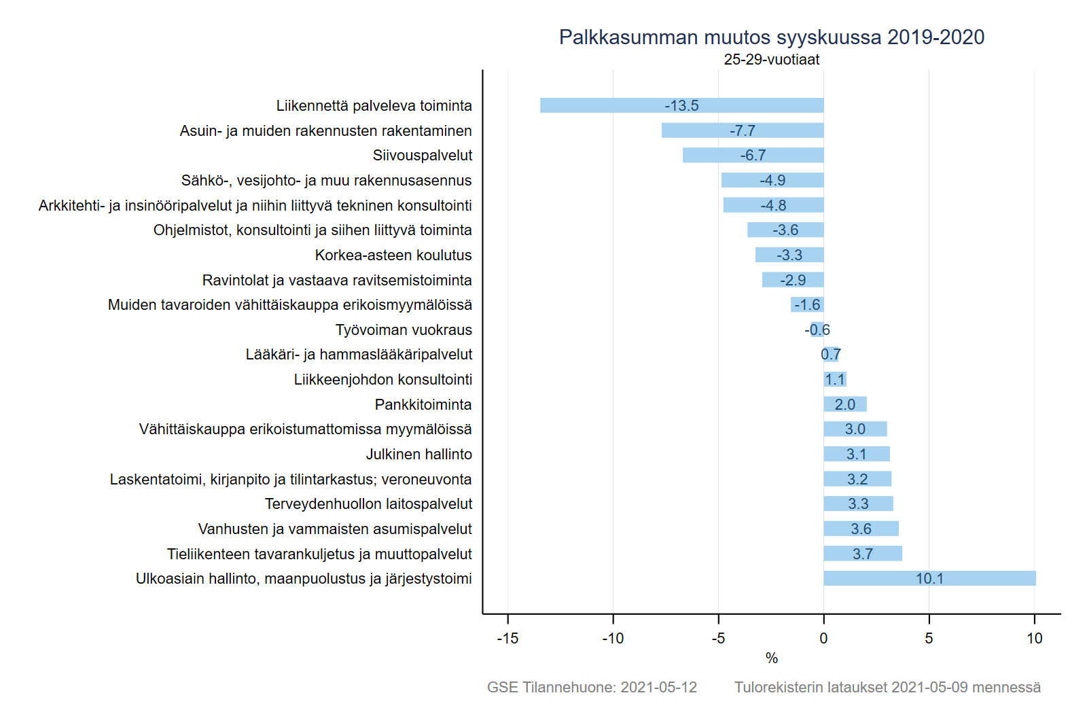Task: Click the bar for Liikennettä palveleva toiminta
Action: [681, 105]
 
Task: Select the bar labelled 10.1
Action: [929, 578]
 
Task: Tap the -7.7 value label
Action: [743, 130]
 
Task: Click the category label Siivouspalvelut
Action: [422, 156]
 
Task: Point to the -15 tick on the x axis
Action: [507, 638]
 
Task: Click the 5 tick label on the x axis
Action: [929, 638]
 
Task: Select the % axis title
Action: [771, 658]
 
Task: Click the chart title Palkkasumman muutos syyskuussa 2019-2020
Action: [771, 37]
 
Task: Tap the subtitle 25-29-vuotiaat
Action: [771, 60]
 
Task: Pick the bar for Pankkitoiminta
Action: [844, 404]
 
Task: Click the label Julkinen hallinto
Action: [418, 454]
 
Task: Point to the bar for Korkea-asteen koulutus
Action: [789, 255]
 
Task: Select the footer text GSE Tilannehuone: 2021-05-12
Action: [592, 687]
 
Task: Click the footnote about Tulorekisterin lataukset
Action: [887, 687]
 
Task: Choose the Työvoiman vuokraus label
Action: [404, 330]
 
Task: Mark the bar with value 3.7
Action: [863, 554]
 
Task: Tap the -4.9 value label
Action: [772, 180]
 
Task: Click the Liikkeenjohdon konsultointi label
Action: [382, 379]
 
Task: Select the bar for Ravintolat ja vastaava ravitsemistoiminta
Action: [793, 280]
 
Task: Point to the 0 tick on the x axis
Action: [823, 638]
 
